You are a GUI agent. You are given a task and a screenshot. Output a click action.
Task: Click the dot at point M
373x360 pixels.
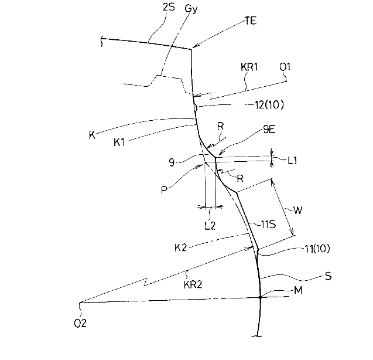click(x=261, y=297)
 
